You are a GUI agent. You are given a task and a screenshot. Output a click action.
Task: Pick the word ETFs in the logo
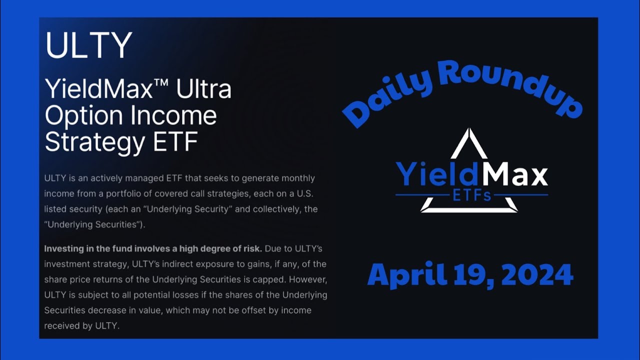[471, 195]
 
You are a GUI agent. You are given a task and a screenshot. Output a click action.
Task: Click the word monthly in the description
[297, 178]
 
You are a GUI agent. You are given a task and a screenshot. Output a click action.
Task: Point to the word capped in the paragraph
[269, 279]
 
